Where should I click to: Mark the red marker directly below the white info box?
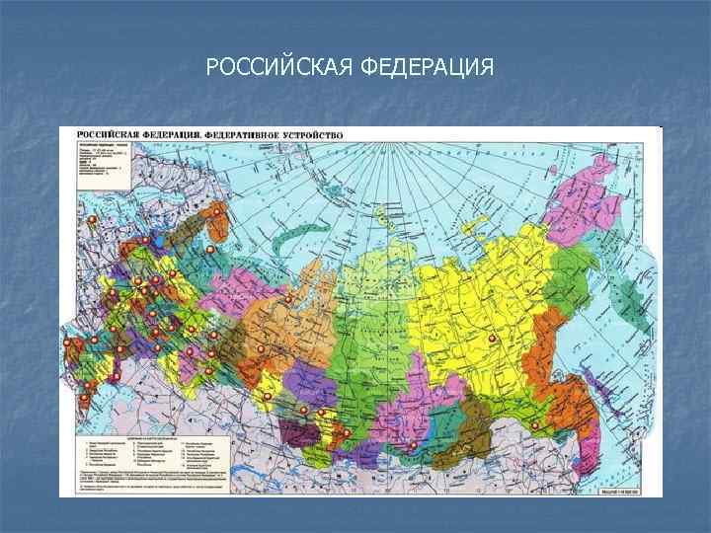coord(92,219)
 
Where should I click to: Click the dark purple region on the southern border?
coord(293,433)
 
